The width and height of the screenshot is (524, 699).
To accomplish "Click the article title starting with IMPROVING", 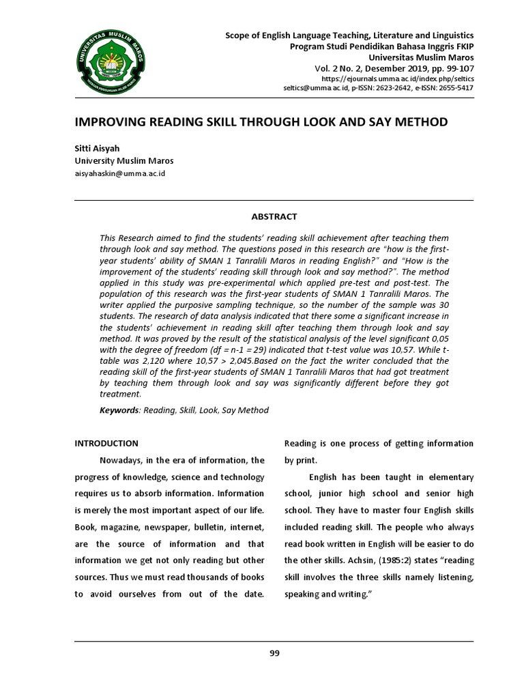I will [261, 122].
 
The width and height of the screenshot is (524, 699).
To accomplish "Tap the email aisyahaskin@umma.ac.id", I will [119, 173].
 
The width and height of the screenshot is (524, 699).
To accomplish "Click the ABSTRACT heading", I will [274, 216].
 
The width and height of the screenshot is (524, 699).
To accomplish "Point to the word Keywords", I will [119, 410].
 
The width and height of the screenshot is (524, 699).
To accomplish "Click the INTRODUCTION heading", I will [106, 444].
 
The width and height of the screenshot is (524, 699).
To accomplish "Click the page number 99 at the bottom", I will [274, 653].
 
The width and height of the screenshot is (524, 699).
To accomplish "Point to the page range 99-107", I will [456, 69].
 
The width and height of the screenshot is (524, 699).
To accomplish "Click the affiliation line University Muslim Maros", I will [123, 161].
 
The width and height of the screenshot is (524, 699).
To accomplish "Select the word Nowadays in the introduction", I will [124, 460].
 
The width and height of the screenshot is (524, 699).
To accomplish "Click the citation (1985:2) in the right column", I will [349, 560].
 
